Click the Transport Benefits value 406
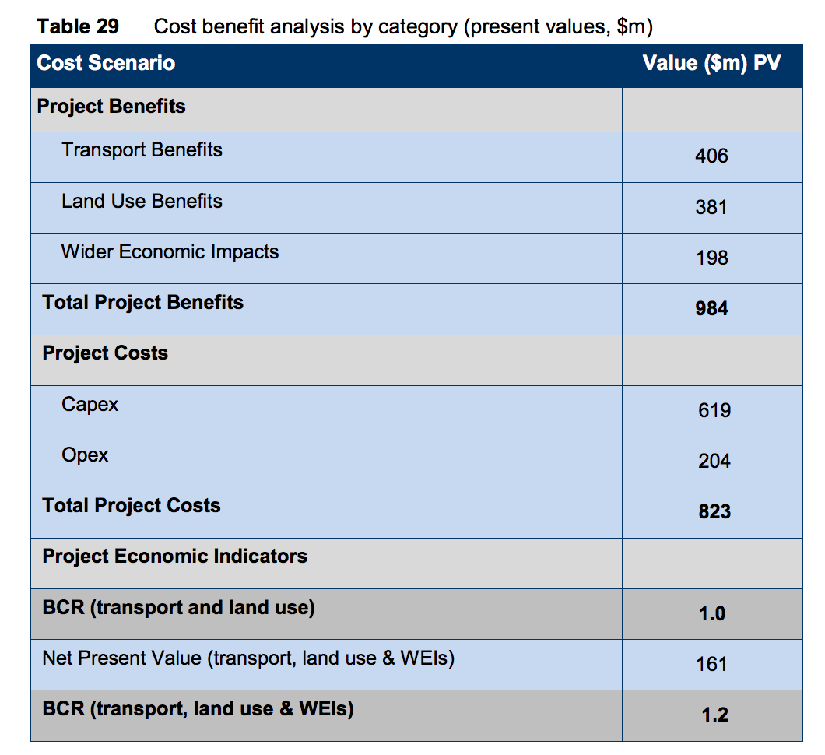[711, 156]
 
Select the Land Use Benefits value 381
[711, 207]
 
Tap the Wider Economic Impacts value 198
[711, 258]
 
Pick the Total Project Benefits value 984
[711, 309]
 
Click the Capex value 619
[714, 410]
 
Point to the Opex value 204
[714, 461]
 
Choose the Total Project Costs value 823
[714, 511]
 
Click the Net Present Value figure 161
[711, 664]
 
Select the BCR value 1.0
[711, 613]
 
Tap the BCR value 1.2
[714, 715]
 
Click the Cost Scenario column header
[106, 63]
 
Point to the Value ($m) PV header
[711, 63]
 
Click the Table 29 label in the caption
[78, 26]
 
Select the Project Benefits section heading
[111, 106]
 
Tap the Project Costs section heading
[105, 353]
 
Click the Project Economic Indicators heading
[174, 556]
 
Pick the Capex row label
[90, 404]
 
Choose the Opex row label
[85, 455]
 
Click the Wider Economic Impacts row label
[170, 251]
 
